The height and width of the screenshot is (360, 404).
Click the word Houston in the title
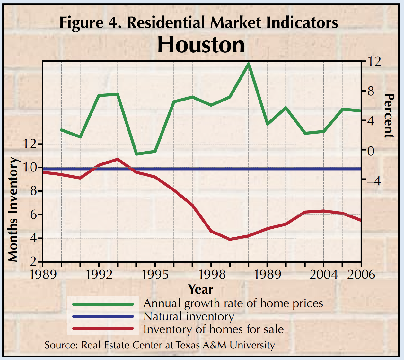(x=201, y=45)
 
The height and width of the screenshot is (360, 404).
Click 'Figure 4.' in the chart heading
(x=91, y=23)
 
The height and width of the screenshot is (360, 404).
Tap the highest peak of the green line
(x=248, y=64)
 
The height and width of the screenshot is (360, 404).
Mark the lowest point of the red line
(x=230, y=239)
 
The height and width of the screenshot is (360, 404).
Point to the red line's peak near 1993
(x=118, y=159)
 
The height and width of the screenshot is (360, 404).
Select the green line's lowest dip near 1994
(x=137, y=154)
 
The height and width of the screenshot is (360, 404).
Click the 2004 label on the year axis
(x=323, y=275)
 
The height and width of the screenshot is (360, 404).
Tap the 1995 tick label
(x=155, y=275)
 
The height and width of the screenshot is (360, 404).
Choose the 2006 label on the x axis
(x=361, y=275)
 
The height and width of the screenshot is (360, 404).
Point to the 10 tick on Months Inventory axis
(x=30, y=167)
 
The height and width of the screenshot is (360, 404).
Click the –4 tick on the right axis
(x=373, y=181)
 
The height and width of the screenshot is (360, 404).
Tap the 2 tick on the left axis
(x=33, y=262)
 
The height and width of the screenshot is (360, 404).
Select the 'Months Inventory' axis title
(x=13, y=209)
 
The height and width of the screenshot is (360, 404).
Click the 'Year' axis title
(x=201, y=289)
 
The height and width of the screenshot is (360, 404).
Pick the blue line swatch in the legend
(x=103, y=316)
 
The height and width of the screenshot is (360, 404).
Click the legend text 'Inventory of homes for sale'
(x=214, y=329)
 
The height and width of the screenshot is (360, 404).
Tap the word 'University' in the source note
(x=252, y=345)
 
